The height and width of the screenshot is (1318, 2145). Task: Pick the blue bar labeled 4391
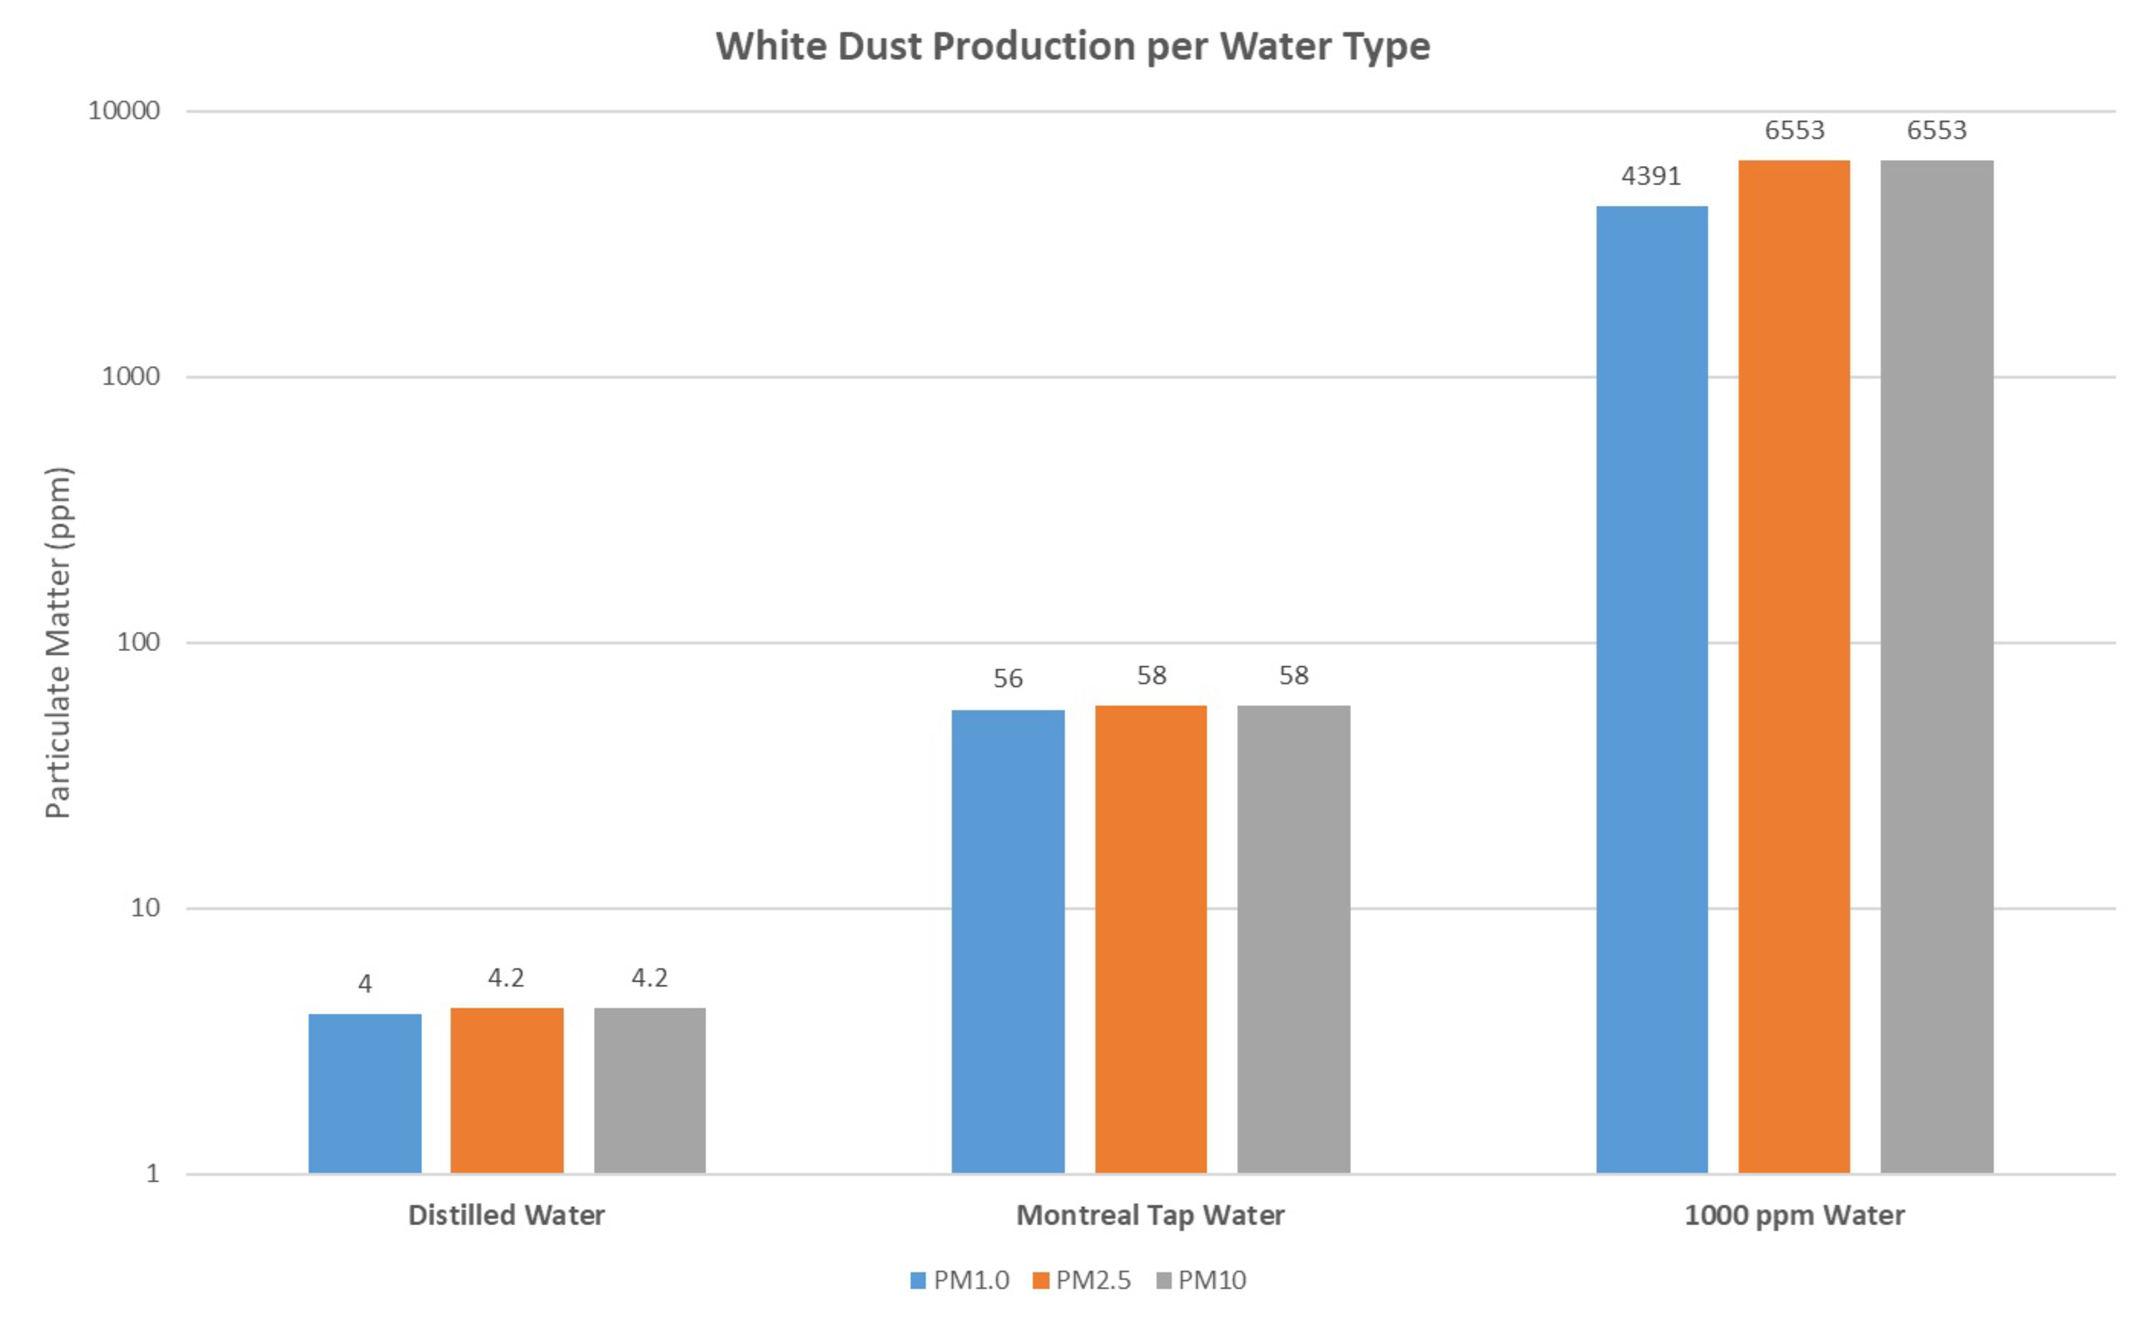tap(1652, 689)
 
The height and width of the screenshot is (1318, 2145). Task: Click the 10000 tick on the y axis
tap(124, 111)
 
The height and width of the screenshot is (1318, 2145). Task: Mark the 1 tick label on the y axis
tap(152, 1173)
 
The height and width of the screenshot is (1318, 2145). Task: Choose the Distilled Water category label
tap(507, 1215)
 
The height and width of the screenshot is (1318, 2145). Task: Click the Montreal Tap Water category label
tap(1151, 1215)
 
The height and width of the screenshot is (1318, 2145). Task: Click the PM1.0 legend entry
tap(960, 1281)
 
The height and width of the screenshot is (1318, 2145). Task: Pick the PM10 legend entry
tap(1202, 1281)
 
